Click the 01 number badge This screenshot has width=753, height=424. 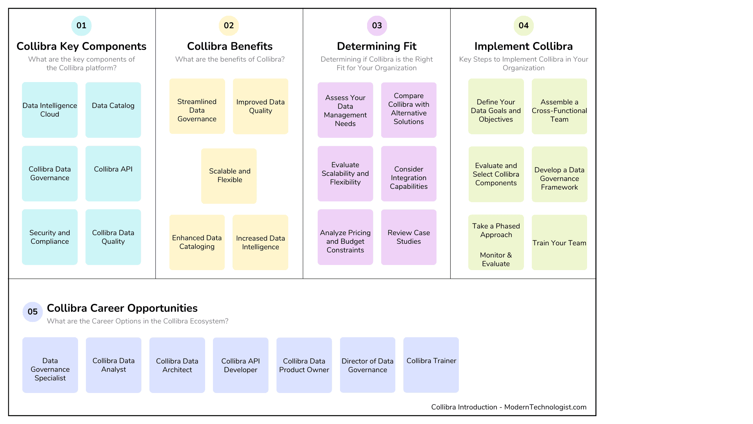[x=81, y=26]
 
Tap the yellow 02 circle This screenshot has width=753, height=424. [x=229, y=26]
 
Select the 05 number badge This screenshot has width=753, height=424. [x=33, y=312]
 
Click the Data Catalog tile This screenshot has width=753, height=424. [x=113, y=110]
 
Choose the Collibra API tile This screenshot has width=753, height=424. [x=113, y=173]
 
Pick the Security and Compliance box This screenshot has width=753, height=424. [x=49, y=237]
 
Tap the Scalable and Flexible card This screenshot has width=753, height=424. [x=229, y=175]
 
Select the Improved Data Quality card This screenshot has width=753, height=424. [x=260, y=106]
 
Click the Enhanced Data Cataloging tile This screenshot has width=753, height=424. [x=197, y=242]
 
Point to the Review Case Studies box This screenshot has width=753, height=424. [x=409, y=237]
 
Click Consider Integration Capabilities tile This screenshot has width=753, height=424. [x=409, y=174]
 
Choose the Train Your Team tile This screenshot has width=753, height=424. [x=559, y=242]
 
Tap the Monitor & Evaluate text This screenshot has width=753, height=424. [x=496, y=260]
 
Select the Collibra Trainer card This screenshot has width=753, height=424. [x=431, y=364]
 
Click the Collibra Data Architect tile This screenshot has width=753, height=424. [x=177, y=365]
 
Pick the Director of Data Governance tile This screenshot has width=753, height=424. [x=367, y=365]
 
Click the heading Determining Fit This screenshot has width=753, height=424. [x=376, y=46]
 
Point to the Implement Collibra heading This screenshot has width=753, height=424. [x=523, y=46]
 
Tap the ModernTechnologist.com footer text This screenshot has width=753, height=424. [x=545, y=407]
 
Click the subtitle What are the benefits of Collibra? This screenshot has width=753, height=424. [x=230, y=59]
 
